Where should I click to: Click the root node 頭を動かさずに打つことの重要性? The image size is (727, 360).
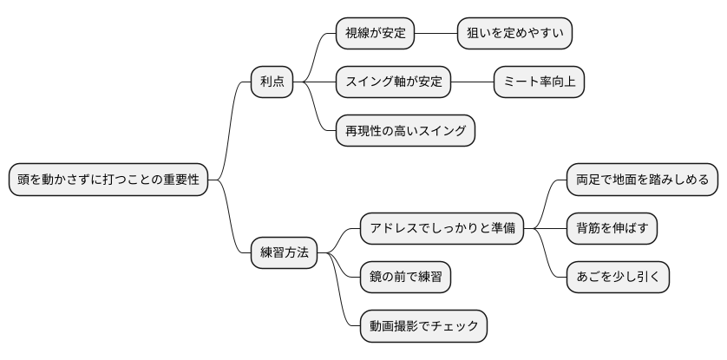(108, 180)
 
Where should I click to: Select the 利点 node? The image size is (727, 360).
(272, 82)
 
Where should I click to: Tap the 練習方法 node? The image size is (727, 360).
(284, 253)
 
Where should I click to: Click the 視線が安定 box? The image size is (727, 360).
(375, 34)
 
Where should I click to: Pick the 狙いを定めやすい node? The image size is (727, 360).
(514, 34)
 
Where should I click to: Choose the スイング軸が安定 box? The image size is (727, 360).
(393, 82)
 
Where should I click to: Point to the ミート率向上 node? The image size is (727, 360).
(539, 82)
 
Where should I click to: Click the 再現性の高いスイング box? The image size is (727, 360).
(405, 131)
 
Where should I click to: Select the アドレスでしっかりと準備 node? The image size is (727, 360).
(442, 229)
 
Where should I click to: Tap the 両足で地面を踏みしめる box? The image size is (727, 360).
(642, 180)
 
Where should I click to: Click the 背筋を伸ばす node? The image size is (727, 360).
(611, 229)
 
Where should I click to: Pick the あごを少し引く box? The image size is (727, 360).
(617, 278)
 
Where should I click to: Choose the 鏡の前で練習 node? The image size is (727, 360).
(405, 278)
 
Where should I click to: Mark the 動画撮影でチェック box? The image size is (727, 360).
(423, 326)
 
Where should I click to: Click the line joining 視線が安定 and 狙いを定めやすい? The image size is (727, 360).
(436, 34)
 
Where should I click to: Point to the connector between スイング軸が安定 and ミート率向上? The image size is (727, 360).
(472, 82)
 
